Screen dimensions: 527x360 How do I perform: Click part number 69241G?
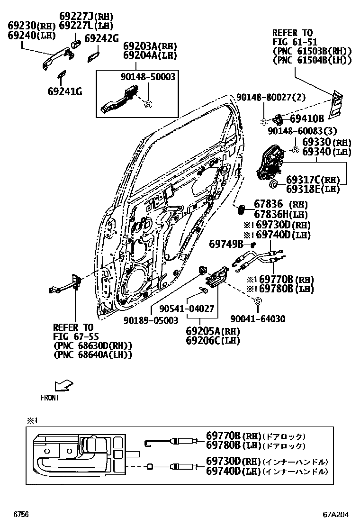(64, 91)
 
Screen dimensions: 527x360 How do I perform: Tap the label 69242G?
(101, 39)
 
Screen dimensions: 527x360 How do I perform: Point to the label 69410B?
(306, 119)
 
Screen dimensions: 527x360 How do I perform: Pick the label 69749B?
(226, 244)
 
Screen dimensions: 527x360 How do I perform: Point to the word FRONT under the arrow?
(50, 398)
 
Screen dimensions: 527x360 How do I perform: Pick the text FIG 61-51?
(293, 42)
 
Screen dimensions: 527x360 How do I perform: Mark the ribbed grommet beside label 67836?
(240, 209)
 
